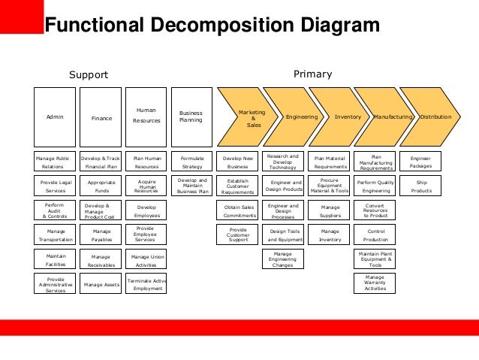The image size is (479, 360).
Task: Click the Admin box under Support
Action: pyautogui.click(x=55, y=117)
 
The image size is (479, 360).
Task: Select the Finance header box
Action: pyautogui.click(x=101, y=117)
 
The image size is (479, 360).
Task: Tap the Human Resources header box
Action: pyautogui.click(x=146, y=116)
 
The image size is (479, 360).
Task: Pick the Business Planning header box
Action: pyautogui.click(x=191, y=116)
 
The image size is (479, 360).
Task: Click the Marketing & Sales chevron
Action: pyautogui.click(x=250, y=117)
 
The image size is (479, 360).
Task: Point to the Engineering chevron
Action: pyautogui.click(x=302, y=117)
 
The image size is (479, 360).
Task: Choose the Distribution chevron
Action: pyautogui.click(x=435, y=117)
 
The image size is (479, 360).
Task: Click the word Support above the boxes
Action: pyautogui.click(x=89, y=74)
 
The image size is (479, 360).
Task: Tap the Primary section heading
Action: pyautogui.click(x=312, y=74)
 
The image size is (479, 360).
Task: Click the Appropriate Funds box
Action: pyautogui.click(x=102, y=186)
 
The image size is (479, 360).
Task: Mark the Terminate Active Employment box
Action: pyautogui.click(x=146, y=284)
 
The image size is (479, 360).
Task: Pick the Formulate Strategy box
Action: pyautogui.click(x=192, y=162)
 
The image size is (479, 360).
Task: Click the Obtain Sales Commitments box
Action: pyautogui.click(x=239, y=211)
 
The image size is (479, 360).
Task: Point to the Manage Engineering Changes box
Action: pyautogui.click(x=283, y=259)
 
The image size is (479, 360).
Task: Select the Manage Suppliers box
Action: pyautogui.click(x=330, y=211)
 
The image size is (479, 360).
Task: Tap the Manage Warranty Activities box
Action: pyautogui.click(x=375, y=283)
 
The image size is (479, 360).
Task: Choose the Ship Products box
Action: pyautogui.click(x=420, y=186)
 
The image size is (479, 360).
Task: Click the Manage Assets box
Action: pyautogui.click(x=102, y=284)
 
